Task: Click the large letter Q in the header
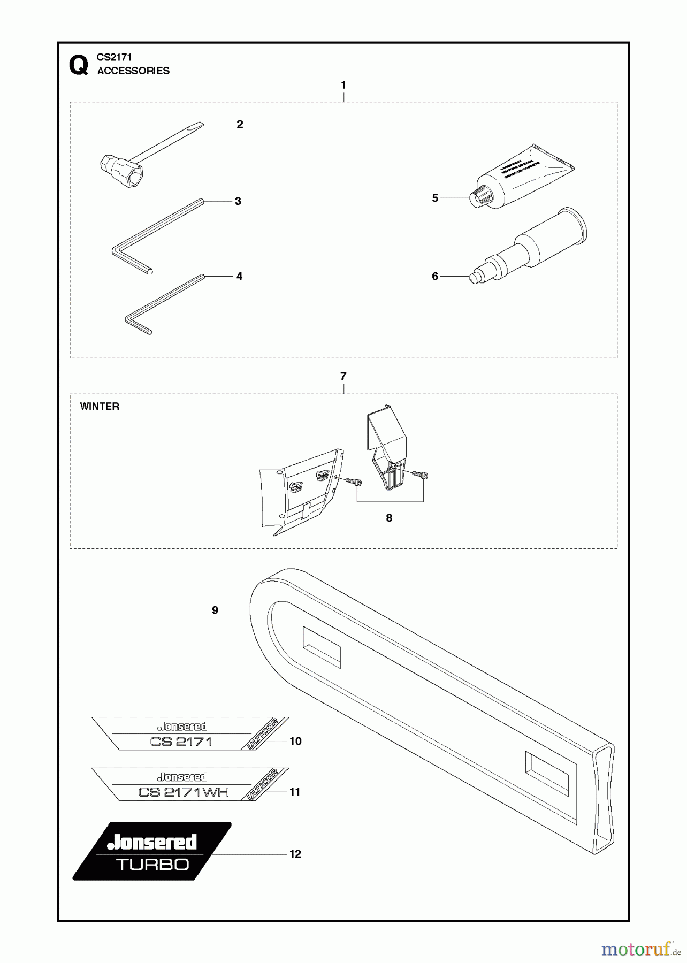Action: (79, 66)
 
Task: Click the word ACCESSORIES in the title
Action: (133, 71)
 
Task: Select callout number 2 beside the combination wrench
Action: (240, 124)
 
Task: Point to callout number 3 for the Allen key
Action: (238, 201)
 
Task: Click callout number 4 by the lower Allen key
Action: (239, 276)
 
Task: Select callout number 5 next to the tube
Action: (435, 198)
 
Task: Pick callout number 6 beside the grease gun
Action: (435, 276)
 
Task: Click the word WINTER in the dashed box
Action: (100, 407)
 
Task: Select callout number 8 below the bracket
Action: (389, 518)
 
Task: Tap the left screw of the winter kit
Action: (353, 482)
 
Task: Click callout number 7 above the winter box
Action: (343, 377)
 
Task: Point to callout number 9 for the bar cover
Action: (215, 610)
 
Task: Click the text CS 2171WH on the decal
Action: (184, 792)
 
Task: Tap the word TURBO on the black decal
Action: (152, 865)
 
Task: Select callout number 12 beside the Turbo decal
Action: (295, 854)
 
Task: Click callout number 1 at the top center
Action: (343, 85)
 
